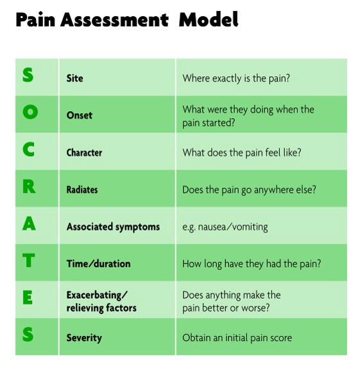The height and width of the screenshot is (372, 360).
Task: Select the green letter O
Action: pos(30,112)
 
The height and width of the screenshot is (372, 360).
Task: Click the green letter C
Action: pos(29,150)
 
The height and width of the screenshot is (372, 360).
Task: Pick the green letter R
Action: pos(29,187)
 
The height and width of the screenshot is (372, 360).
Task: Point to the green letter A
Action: pos(29,224)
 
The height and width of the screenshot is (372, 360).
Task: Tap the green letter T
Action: pos(29,261)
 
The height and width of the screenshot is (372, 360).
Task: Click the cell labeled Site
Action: pos(74,78)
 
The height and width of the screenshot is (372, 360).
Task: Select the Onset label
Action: pos(80,115)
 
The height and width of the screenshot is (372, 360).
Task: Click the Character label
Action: pos(84,153)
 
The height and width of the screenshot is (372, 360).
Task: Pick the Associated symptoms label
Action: pos(113,227)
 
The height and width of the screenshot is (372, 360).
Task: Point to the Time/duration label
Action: pos(98,263)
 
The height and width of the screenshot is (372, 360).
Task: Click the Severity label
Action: pos(84,337)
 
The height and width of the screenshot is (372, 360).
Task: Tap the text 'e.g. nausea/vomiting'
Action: pos(225,227)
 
